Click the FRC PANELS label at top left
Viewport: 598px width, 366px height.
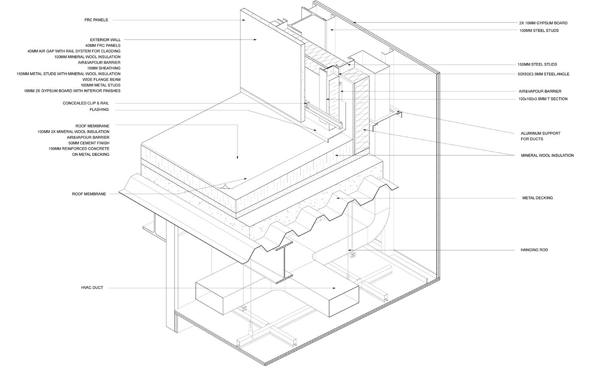[96, 20]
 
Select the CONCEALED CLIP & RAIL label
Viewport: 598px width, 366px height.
[86, 103]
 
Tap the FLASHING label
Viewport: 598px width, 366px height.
[99, 109]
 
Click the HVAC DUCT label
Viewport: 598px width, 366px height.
[92, 288]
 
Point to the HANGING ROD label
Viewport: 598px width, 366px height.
[534, 250]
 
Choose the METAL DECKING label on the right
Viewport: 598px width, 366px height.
[537, 198]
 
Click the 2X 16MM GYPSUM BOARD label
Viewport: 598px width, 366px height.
[543, 23]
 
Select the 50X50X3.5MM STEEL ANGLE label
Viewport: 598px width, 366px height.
[543, 74]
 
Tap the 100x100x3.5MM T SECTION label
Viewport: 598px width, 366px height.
[543, 99]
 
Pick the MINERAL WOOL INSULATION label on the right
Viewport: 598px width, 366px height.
[547, 155]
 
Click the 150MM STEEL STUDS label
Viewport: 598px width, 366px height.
[537, 64]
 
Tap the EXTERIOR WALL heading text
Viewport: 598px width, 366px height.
[105, 40]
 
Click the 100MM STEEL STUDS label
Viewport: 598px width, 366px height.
[539, 30]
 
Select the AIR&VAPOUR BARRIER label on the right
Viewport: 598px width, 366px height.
[540, 91]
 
